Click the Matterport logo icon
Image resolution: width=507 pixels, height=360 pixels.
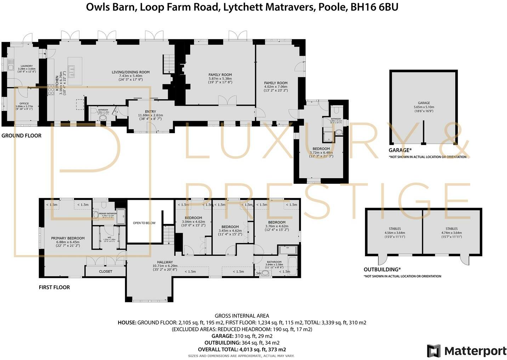pyautogui.click(x=433, y=351)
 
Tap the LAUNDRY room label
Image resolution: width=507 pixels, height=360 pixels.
pyautogui.click(x=27, y=66)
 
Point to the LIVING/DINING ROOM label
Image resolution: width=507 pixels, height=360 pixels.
pyautogui.click(x=131, y=72)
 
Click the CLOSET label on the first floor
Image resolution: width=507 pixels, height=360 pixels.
pyautogui.click(x=106, y=271)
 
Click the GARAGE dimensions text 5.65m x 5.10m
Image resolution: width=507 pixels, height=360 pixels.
pyautogui.click(x=424, y=107)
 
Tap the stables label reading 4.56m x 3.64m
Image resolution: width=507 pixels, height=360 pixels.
pyautogui.click(x=394, y=233)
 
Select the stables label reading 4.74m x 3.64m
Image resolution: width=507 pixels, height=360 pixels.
pyautogui.click(x=451, y=233)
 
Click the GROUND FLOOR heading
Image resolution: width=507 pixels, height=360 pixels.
pyautogui.click(x=22, y=136)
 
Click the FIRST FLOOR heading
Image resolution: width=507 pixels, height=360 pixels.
pyautogui.click(x=54, y=287)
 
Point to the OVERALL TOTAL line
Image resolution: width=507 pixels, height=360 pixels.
pyautogui.click(x=242, y=349)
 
